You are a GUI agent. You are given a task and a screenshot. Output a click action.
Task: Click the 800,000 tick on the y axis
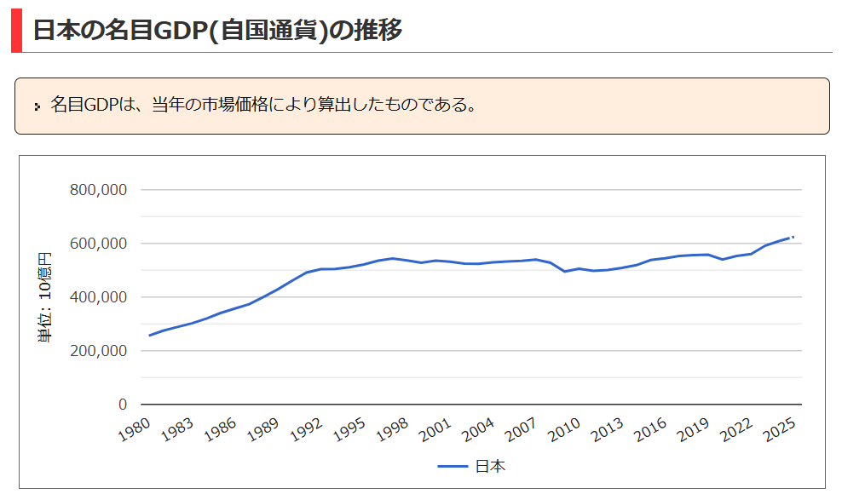click(97, 190)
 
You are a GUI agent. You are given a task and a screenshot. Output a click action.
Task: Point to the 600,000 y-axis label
click(97, 244)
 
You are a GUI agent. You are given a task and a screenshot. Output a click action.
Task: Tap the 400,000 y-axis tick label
click(97, 297)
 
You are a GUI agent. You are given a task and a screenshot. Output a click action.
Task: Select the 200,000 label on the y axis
click(97, 351)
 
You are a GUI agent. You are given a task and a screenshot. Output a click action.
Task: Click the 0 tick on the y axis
click(122, 405)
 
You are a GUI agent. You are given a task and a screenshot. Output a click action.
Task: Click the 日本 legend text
click(491, 467)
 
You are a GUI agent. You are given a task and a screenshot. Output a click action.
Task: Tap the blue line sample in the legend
click(453, 467)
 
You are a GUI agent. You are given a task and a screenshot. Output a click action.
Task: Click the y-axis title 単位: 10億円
click(44, 297)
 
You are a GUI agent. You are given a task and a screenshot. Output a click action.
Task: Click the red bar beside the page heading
click(16, 30)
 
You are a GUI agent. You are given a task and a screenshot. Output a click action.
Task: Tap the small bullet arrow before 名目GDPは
click(37, 106)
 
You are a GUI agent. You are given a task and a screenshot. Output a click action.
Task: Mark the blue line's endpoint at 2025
click(793, 237)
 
